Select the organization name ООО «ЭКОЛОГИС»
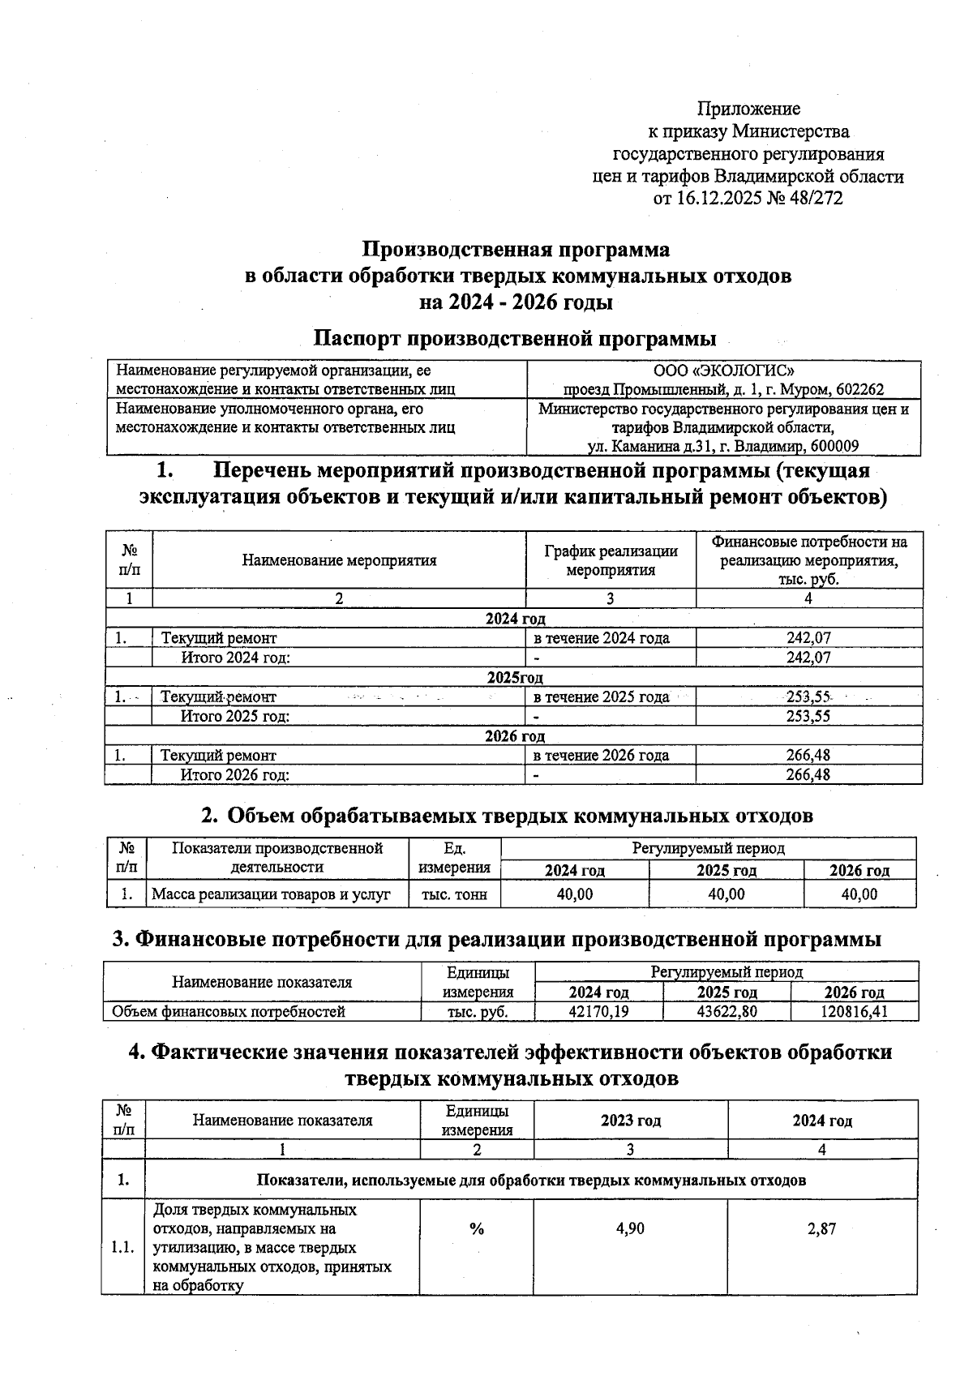724,371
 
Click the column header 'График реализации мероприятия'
611,560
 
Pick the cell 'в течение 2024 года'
601,638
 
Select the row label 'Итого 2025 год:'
235,716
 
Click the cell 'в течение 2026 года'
601,756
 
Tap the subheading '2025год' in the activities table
515,677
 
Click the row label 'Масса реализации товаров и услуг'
272,894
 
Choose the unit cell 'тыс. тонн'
455,894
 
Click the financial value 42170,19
599,1012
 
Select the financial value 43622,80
727,1012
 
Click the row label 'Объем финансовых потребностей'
229,1012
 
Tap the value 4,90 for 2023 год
630,1229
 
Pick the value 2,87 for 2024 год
821,1229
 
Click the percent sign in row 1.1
477,1229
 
